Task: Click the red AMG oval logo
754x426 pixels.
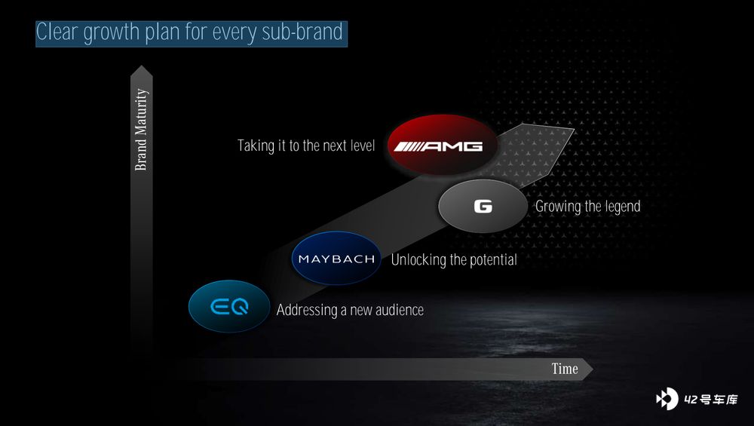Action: (x=442, y=145)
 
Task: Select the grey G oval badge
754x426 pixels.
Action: (x=483, y=207)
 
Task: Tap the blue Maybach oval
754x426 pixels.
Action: (x=336, y=258)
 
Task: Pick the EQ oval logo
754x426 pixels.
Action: (x=229, y=306)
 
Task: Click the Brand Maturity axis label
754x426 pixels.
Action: (x=141, y=130)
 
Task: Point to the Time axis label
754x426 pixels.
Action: (x=565, y=369)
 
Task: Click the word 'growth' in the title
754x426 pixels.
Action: (x=111, y=33)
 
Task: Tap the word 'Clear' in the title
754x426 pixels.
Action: (x=57, y=32)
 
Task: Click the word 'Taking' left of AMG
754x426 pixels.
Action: (x=256, y=146)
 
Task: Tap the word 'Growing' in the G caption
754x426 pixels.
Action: (x=558, y=207)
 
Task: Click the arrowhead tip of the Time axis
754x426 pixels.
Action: (x=593, y=369)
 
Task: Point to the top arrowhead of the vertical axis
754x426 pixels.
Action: (x=142, y=66)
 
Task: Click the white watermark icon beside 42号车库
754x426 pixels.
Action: (x=667, y=399)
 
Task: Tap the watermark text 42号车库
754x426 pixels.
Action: (x=711, y=400)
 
